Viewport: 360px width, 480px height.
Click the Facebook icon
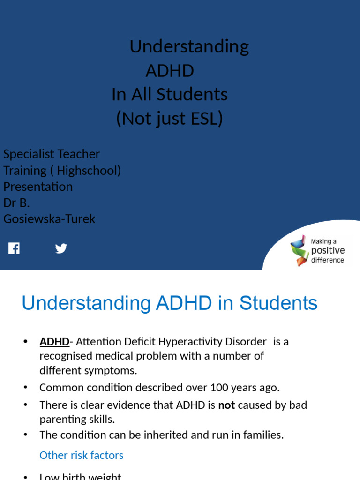click(14, 248)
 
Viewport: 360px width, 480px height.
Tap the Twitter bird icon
click(61, 248)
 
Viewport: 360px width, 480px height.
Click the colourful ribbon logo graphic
click(299, 250)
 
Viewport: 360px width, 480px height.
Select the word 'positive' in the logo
click(328, 251)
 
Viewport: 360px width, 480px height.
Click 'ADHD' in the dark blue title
click(170, 71)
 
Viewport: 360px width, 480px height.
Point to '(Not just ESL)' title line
click(170, 118)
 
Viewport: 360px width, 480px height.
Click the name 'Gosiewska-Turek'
click(49, 218)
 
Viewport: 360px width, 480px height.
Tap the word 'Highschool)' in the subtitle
click(89, 170)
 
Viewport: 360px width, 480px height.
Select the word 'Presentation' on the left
click(38, 187)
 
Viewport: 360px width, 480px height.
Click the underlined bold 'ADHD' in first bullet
click(54, 342)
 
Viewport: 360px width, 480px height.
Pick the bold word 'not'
click(227, 405)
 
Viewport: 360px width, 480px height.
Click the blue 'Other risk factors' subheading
click(82, 455)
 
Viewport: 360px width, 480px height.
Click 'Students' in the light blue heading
click(278, 303)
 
